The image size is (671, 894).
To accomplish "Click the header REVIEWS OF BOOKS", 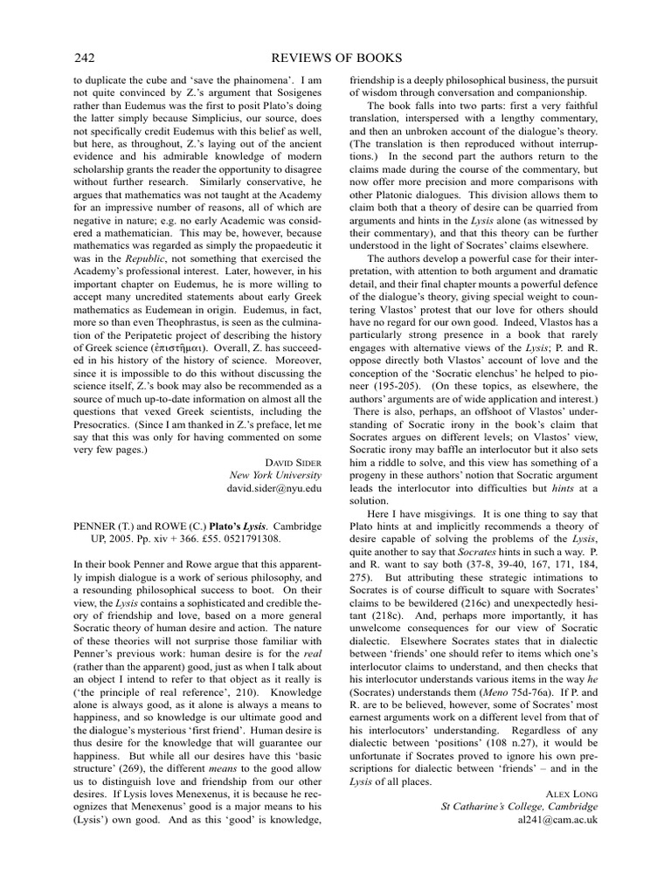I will (335, 58).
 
